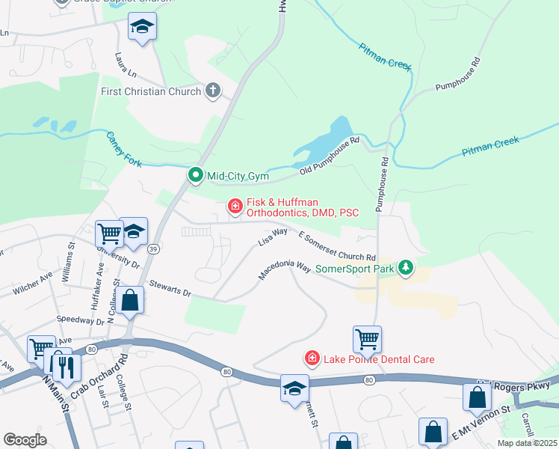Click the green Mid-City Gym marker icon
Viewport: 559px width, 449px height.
coord(196,176)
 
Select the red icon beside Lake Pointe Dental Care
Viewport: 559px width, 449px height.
coord(312,359)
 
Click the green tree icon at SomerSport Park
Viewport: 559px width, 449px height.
coord(406,267)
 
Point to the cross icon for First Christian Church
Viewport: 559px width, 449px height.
coord(213,91)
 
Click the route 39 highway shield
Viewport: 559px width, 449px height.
coord(152,248)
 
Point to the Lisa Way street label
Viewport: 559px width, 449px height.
coord(273,237)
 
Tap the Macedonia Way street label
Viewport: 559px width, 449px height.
coord(284,270)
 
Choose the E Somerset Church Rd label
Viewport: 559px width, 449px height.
coord(336,246)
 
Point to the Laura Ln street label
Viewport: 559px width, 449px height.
coord(126,65)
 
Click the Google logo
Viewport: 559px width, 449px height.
coord(25,440)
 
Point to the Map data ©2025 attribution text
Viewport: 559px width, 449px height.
coord(527,443)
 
